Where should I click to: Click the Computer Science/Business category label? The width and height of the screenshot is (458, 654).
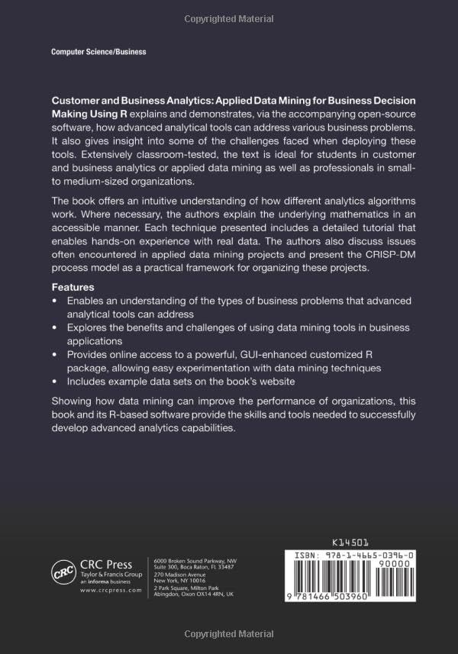click(x=98, y=52)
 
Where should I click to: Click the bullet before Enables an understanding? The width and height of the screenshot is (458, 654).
click(x=54, y=301)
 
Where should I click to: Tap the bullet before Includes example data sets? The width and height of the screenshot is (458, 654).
click(x=54, y=382)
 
